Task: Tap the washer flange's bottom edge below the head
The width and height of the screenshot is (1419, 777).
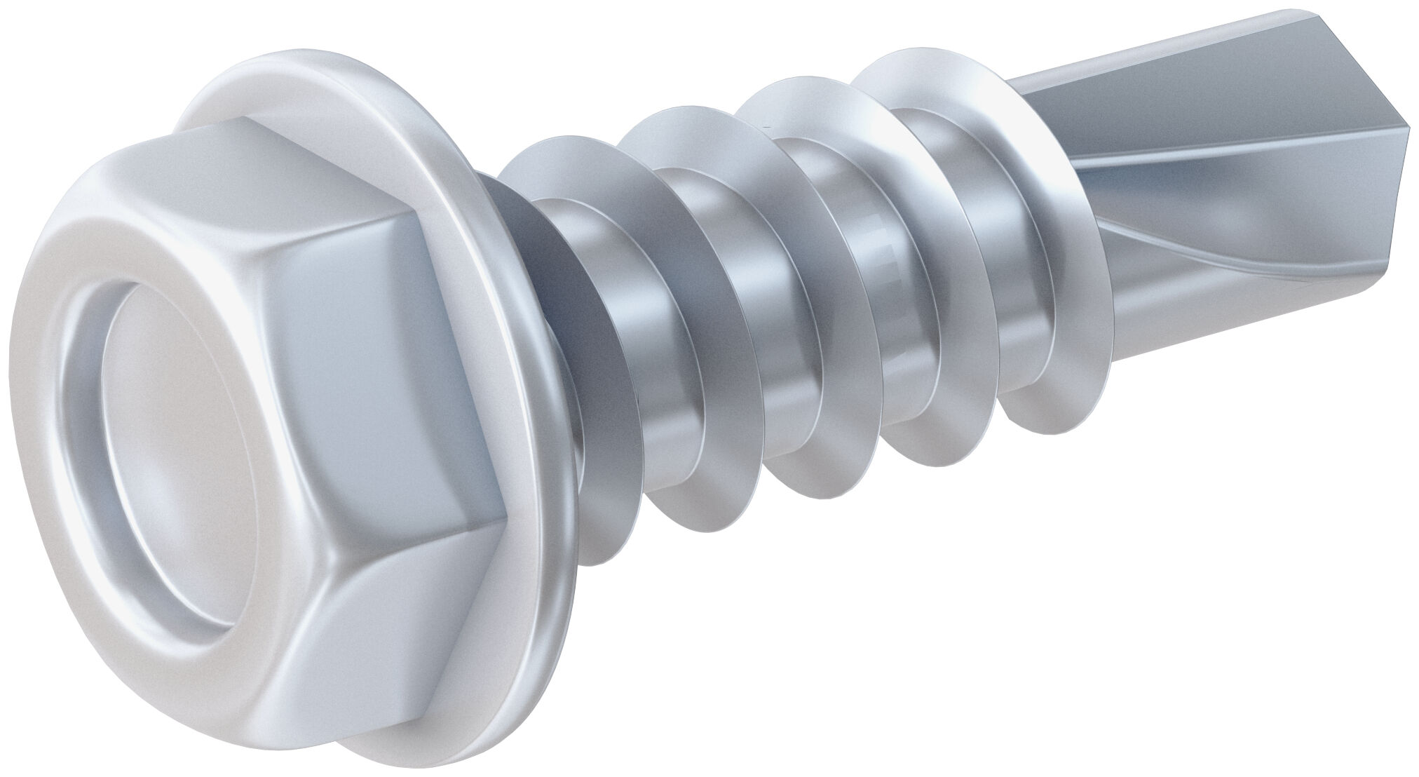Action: pos(505,708)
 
